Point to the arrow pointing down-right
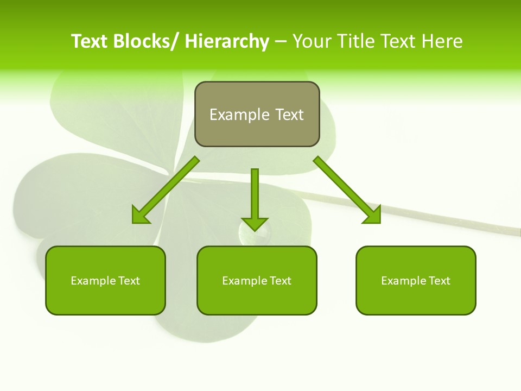[x=347, y=190]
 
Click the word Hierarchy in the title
[x=227, y=41]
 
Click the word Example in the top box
[x=239, y=115]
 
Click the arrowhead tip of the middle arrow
[x=255, y=230]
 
